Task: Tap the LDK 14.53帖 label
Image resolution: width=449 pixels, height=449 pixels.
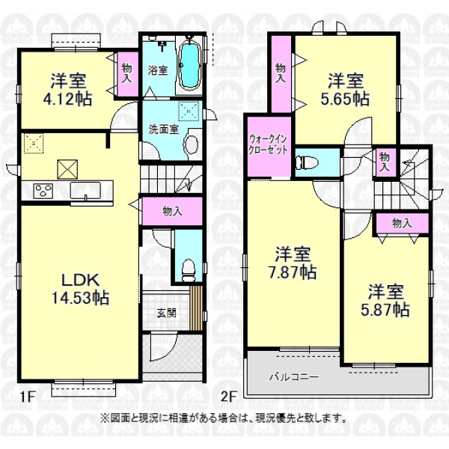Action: click(81, 289)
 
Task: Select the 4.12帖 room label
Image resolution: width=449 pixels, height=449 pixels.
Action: click(68, 90)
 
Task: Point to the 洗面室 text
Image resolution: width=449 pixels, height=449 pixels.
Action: click(163, 129)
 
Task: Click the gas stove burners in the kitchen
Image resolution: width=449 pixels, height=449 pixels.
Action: click(43, 190)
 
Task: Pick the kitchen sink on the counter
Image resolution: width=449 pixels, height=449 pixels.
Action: click(85, 190)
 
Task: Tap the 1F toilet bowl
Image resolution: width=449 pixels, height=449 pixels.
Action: click(189, 270)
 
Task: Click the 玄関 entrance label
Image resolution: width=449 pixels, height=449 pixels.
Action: click(166, 313)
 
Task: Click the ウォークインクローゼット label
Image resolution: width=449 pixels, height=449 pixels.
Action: click(268, 144)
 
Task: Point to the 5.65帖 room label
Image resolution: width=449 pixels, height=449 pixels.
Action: click(345, 90)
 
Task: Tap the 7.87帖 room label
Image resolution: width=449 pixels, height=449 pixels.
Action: click(293, 263)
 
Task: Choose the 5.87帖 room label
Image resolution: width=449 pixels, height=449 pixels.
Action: click(385, 300)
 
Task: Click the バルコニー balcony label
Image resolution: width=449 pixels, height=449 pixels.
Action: click(294, 377)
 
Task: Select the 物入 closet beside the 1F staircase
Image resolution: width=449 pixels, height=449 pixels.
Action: click(172, 211)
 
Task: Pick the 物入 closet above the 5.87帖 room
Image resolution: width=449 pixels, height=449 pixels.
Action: click(403, 223)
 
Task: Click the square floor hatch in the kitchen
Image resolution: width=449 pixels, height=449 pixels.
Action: click(67, 169)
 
